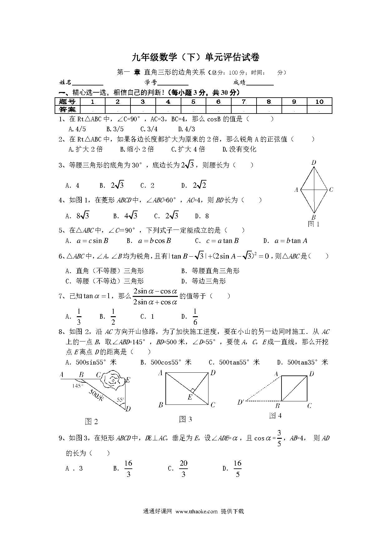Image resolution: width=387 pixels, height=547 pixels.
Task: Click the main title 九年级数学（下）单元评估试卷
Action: [x=195, y=57]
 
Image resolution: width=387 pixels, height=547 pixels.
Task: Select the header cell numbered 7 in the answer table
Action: [x=244, y=102]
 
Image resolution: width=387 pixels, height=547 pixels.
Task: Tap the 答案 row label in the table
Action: [x=67, y=109]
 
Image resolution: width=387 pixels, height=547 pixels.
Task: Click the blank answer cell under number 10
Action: [x=319, y=109]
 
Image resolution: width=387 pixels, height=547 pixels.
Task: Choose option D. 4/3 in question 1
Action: [x=186, y=129]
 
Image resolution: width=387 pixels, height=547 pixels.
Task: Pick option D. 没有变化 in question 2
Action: [x=239, y=149]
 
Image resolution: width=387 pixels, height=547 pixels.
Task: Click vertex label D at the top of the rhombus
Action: [x=314, y=162]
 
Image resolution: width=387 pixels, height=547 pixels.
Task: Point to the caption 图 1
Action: [x=314, y=224]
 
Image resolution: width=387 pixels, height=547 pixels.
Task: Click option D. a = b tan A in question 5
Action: [x=285, y=241]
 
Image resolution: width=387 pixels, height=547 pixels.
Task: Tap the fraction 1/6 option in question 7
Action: [x=195, y=317]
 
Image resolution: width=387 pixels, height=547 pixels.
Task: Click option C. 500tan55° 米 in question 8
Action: [x=234, y=362]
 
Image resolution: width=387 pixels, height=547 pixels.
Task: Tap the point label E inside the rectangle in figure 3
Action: [x=189, y=397]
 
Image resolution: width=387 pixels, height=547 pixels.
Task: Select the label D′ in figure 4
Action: [x=240, y=402]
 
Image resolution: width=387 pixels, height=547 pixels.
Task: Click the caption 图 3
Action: [x=185, y=419]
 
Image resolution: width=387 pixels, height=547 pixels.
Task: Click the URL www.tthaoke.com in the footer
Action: [x=196, y=511]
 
